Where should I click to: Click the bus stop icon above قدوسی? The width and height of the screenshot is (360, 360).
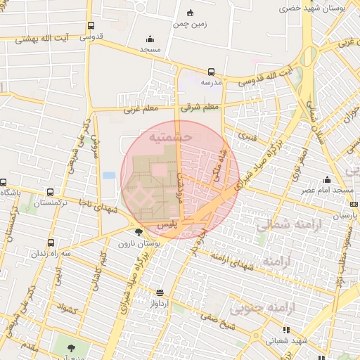tap(91, 26)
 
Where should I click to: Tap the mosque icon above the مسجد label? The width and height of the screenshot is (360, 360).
tap(150, 39)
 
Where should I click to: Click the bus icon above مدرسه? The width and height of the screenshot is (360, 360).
tap(211, 71)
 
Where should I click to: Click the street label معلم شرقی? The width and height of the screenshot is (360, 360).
tap(200, 108)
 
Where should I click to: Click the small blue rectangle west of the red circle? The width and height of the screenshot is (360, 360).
tap(109, 175)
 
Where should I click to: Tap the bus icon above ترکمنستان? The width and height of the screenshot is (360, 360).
tap(49, 192)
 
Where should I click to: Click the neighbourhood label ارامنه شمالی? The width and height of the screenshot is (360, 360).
tap(285, 226)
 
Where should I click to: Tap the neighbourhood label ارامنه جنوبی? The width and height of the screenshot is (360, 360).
tap(257, 307)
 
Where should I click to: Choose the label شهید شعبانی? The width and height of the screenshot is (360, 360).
tap(285, 340)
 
